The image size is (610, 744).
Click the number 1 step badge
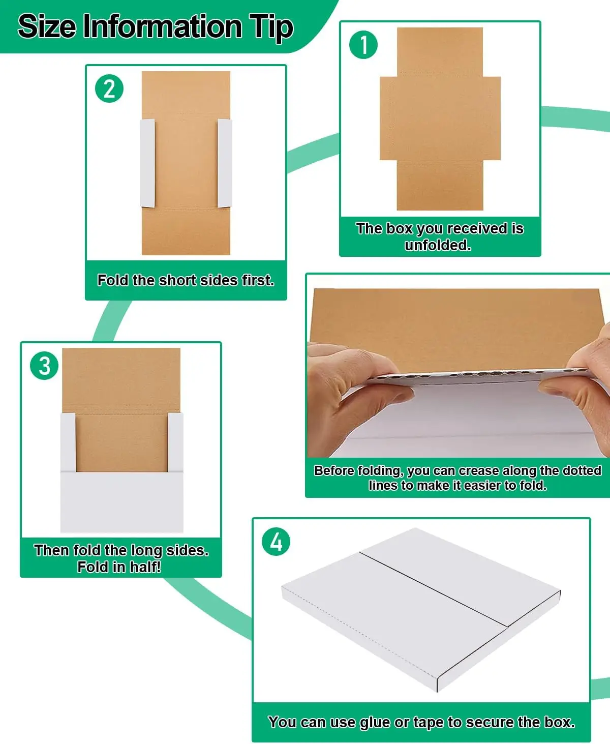(363, 45)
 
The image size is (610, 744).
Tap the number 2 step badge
(109, 88)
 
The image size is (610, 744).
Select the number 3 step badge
(45, 366)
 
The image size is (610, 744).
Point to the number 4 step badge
(276, 542)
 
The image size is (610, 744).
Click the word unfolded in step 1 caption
(437, 245)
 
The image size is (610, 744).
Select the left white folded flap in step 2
(147, 163)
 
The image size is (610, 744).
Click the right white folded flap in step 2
(225, 163)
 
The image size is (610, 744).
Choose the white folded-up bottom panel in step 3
(121, 501)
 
